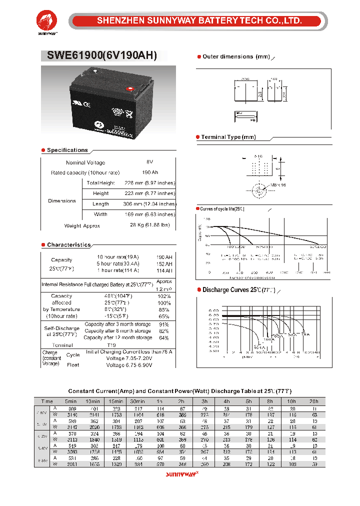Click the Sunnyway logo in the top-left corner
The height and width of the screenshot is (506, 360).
click(x=48, y=23)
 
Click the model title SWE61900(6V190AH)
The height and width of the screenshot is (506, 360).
click(x=102, y=56)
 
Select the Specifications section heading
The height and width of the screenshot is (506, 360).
click(x=67, y=150)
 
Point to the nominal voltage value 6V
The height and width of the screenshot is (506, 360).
click(x=149, y=162)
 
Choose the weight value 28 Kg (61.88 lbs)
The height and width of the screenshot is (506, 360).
click(x=149, y=225)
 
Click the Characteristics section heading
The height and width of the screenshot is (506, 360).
click(x=68, y=245)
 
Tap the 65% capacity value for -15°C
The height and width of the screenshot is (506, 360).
click(x=164, y=316)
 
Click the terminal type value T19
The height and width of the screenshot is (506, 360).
click(x=111, y=345)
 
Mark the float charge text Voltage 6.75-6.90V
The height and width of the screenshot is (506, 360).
click(x=129, y=365)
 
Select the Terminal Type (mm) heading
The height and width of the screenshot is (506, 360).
click(x=228, y=137)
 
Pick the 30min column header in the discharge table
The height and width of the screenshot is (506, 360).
click(x=137, y=401)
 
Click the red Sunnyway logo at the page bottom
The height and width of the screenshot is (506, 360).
click(x=182, y=475)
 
